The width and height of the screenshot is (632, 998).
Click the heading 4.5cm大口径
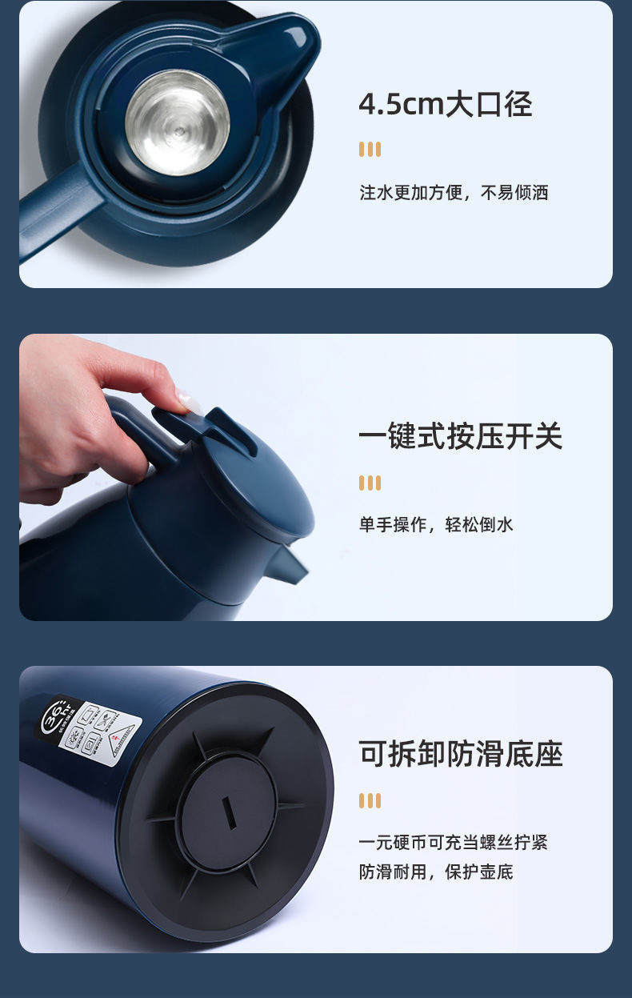445,105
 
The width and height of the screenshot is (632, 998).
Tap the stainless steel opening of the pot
178,122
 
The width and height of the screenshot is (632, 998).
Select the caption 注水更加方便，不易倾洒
454,193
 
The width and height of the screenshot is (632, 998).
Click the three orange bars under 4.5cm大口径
370,150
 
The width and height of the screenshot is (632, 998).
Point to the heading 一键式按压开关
460,437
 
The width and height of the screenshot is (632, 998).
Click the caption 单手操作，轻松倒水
436,525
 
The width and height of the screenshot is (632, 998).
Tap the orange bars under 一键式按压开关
370,483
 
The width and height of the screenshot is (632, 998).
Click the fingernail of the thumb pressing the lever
189,401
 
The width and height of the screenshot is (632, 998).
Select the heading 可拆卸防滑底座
460,754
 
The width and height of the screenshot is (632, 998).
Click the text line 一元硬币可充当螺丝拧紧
453,842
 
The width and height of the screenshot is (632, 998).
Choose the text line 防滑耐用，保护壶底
436,872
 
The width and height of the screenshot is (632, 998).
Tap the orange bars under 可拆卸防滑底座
370,801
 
